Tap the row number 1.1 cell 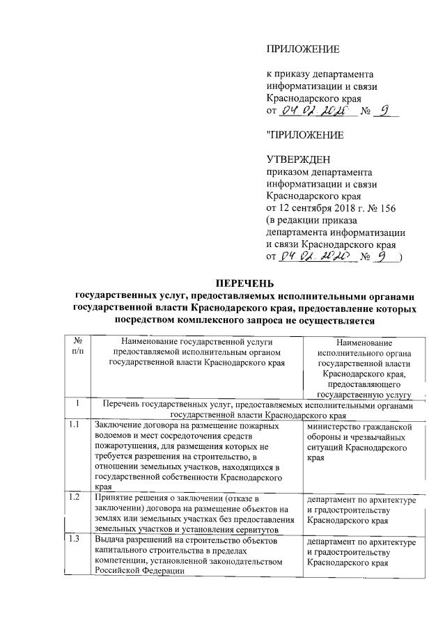75,425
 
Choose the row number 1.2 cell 75,498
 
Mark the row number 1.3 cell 75,540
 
